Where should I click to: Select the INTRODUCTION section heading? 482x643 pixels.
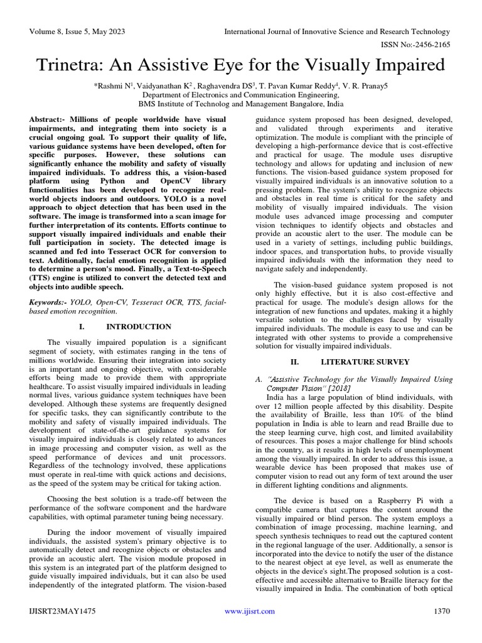click(x=138, y=327)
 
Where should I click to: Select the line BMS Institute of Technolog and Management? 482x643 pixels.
click(x=241, y=104)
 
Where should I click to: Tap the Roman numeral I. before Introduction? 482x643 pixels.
click(x=82, y=327)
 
